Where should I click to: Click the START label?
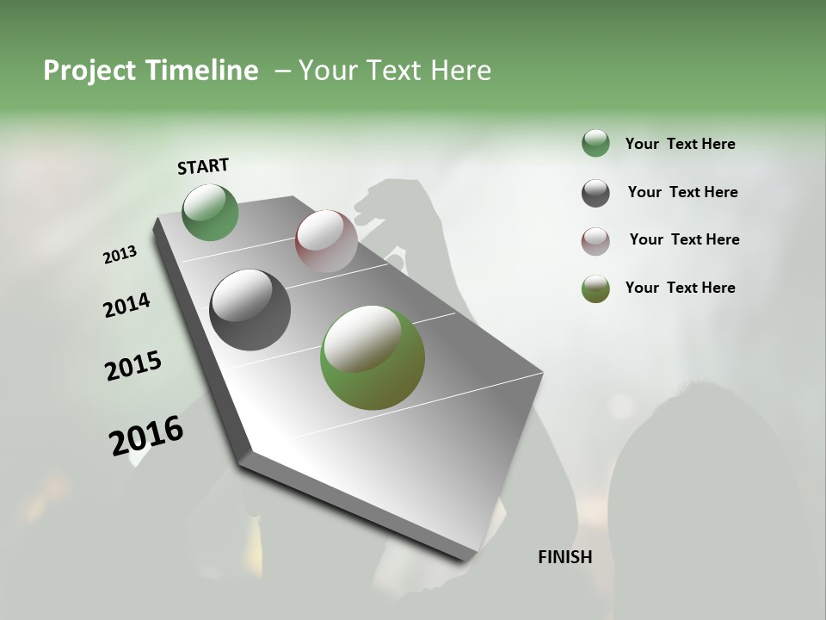(203, 166)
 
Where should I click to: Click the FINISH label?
(564, 557)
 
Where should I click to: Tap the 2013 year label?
(120, 255)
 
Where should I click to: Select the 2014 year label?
(126, 306)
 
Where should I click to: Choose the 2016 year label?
(146, 436)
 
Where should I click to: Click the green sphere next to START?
(211, 213)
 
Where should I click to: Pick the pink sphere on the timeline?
(326, 240)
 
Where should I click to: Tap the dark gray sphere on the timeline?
(250, 310)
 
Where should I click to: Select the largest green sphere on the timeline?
(373, 357)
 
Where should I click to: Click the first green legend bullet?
(595, 143)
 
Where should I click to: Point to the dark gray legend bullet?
(595, 193)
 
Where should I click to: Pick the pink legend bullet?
(595, 241)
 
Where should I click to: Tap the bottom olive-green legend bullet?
(595, 288)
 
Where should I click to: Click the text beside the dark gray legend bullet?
(682, 192)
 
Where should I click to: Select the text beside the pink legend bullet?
(684, 239)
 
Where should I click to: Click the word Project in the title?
(89, 71)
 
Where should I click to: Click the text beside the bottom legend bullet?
(680, 288)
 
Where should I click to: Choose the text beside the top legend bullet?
(680, 144)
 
